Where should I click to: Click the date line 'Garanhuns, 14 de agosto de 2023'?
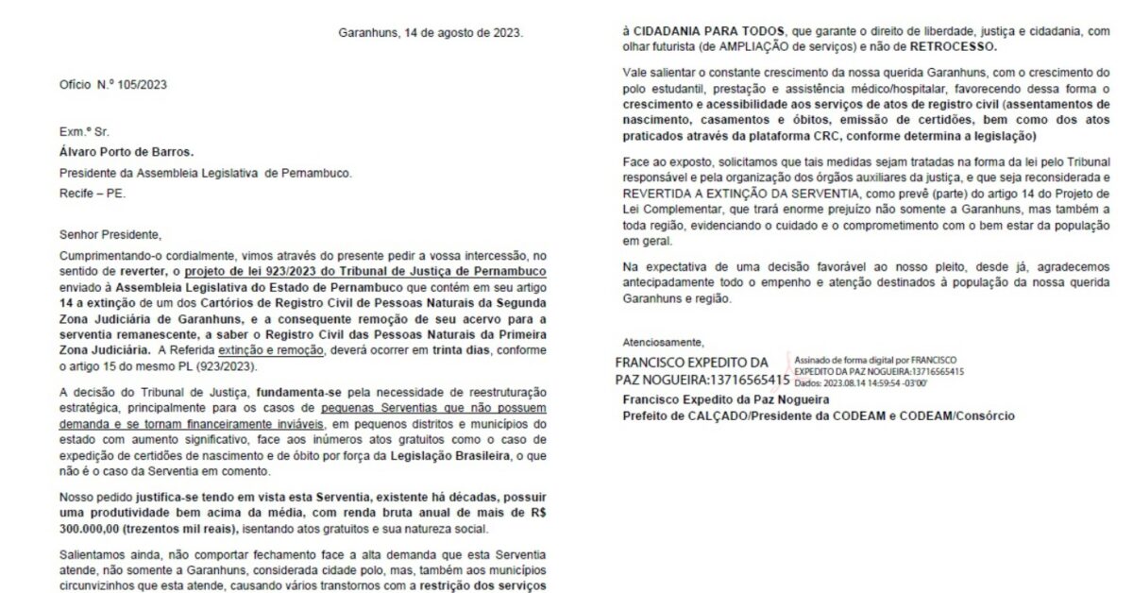(x=430, y=32)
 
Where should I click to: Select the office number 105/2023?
(x=141, y=85)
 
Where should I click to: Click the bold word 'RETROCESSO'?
(x=955, y=45)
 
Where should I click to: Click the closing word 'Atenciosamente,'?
(x=663, y=342)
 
